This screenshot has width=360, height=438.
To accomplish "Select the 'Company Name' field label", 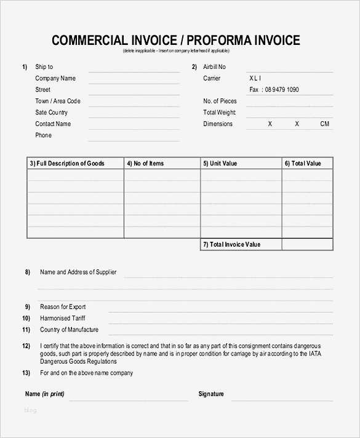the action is point(55,78).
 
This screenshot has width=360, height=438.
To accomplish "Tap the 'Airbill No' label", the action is point(214,66).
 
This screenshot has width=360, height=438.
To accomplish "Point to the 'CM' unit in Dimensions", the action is point(325,124).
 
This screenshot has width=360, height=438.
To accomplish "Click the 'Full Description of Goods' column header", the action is point(67,163).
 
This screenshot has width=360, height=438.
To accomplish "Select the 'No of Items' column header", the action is point(145,163).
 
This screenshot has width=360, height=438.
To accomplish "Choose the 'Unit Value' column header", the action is point(220,163).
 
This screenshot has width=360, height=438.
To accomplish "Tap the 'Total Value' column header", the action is point(303,163).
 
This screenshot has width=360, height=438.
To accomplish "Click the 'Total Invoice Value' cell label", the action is point(231,244).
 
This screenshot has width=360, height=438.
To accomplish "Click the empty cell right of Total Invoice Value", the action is point(307,244).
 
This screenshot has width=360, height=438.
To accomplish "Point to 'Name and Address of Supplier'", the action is point(78,272).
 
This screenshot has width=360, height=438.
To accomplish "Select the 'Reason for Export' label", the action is point(63,306).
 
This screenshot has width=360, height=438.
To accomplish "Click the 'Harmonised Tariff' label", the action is point(62,318).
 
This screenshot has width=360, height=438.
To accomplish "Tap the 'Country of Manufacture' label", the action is point(69,330).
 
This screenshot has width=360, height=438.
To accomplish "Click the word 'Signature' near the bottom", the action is point(211,394).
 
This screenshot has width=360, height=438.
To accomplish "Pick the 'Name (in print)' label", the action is point(44,394).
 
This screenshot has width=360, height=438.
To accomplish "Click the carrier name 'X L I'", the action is point(255,78).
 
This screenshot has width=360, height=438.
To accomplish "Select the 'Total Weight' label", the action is point(220,113).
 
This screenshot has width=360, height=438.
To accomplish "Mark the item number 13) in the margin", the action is point(26,373).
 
